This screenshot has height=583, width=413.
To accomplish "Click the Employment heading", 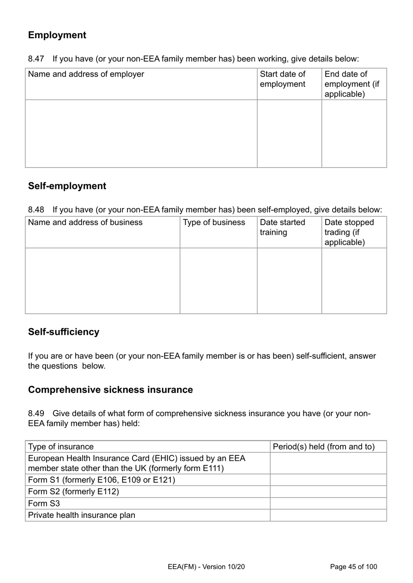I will (57, 35).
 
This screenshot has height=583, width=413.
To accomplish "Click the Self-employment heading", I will (67, 186).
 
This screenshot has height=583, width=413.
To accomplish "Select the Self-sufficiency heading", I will (63, 332).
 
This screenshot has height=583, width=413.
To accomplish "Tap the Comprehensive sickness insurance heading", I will (110, 390).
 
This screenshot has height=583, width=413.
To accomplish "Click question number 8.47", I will (36, 59).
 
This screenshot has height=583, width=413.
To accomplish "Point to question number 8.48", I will (36, 210).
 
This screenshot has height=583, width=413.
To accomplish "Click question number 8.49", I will (36, 413).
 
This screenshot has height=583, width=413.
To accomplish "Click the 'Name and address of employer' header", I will (86, 74).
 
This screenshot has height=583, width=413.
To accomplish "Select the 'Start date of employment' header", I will (283, 79).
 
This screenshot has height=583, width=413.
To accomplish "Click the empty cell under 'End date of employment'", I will (354, 133).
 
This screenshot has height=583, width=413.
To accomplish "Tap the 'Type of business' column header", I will (214, 222).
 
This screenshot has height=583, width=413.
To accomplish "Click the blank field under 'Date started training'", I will (289, 281).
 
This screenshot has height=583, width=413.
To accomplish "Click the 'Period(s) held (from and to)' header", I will (323, 447).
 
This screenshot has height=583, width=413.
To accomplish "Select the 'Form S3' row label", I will (44, 503).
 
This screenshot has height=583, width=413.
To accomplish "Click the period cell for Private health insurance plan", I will (328, 515).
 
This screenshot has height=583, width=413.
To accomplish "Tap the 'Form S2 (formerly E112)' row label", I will (73, 492).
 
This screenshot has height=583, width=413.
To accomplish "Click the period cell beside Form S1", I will (328, 480).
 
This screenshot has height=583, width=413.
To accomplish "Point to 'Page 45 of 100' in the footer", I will (353, 566).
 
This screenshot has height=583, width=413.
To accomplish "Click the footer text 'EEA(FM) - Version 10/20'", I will (206, 566).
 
